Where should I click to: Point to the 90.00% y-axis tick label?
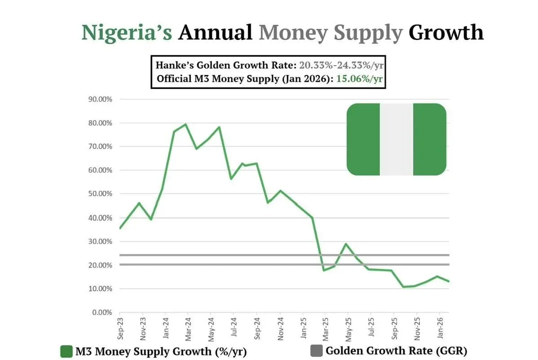tap(99, 99)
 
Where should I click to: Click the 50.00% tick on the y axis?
tap(99, 194)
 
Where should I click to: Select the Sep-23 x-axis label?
tap(120, 328)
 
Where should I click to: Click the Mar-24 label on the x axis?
tap(189, 328)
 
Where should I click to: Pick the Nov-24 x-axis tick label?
tap(280, 328)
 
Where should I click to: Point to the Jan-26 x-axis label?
tap(441, 328)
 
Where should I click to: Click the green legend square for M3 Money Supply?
tap(66, 351)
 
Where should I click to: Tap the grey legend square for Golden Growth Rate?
tap(316, 351)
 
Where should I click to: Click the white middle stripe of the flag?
tap(396, 139)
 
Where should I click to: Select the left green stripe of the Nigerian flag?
tap(363, 139)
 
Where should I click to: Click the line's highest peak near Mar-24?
tap(185, 124)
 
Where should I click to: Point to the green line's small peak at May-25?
tap(346, 244)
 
